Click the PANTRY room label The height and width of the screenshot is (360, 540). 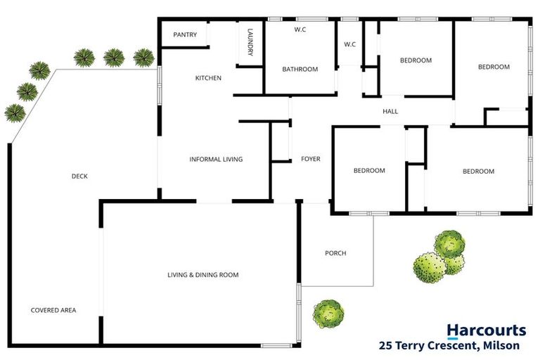click(x=185, y=34)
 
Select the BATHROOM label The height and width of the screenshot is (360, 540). click(x=300, y=69)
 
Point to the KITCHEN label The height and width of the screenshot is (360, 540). click(x=208, y=78)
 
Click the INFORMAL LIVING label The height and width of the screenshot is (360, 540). click(x=216, y=160)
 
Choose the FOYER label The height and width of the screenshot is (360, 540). click(x=310, y=159)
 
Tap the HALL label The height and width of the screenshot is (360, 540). click(x=390, y=111)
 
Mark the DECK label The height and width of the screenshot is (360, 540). click(x=79, y=176)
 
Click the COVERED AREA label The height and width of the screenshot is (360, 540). click(x=53, y=310)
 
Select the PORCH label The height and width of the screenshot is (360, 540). click(x=335, y=253)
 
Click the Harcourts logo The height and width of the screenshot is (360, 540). click(x=486, y=330)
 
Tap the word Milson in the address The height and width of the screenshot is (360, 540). click(x=503, y=345)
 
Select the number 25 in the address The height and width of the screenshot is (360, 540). click(x=385, y=345)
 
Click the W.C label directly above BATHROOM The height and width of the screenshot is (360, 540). click(x=300, y=29)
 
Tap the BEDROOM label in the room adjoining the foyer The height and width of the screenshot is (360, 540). click(x=369, y=171)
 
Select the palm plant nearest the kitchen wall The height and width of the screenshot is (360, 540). click(x=143, y=57)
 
